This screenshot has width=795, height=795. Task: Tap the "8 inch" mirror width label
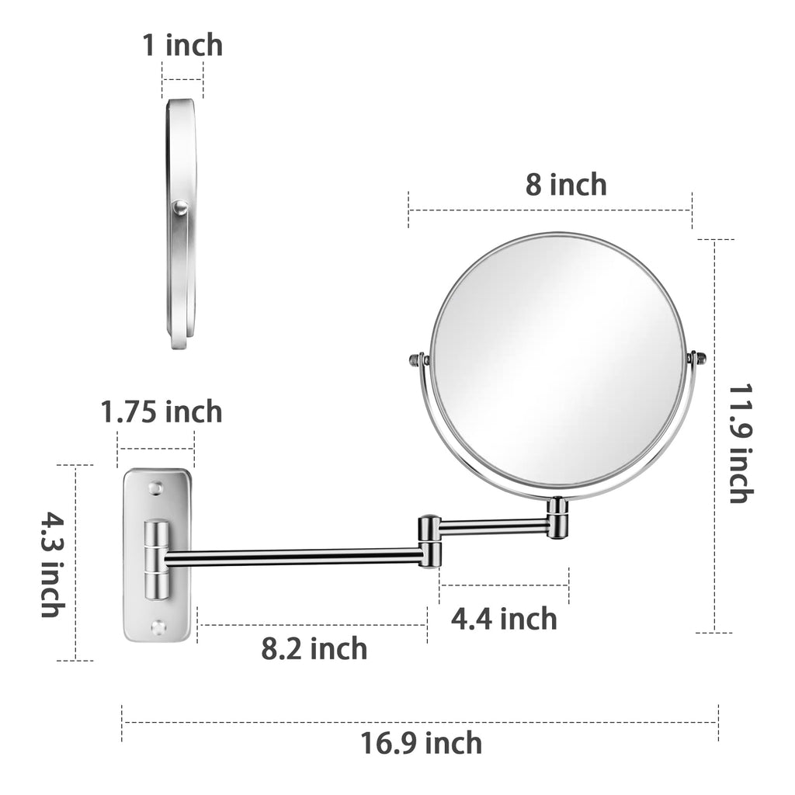point(566,184)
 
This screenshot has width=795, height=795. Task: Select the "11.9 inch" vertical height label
point(741,443)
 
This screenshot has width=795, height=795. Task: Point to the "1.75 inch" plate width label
point(161,411)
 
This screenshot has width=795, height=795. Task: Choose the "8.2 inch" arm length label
point(314,648)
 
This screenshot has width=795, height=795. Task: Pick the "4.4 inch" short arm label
point(504,619)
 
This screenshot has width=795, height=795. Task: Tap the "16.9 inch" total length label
point(421,743)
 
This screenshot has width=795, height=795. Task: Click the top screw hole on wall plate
point(157,488)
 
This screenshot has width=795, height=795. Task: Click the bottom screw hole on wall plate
point(158,627)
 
